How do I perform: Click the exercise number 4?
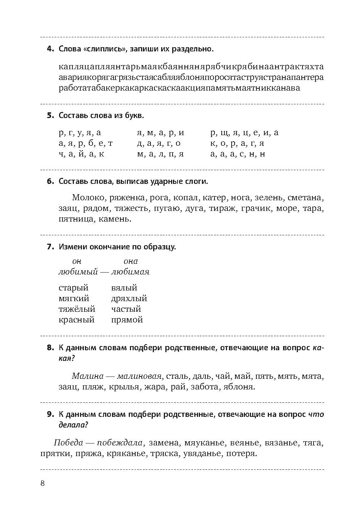(x=50, y=49)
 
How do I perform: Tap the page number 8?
(x=43, y=483)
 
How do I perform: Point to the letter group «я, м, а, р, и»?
(x=160, y=133)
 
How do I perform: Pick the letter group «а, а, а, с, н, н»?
(x=238, y=154)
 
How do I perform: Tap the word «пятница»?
(x=74, y=219)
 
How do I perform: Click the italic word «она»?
(x=131, y=261)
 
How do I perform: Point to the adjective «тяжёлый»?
(x=77, y=309)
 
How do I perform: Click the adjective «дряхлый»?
(x=129, y=298)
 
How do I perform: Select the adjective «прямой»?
(x=127, y=320)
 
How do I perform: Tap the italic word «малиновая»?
(x=140, y=377)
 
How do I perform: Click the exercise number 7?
(x=50, y=247)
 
